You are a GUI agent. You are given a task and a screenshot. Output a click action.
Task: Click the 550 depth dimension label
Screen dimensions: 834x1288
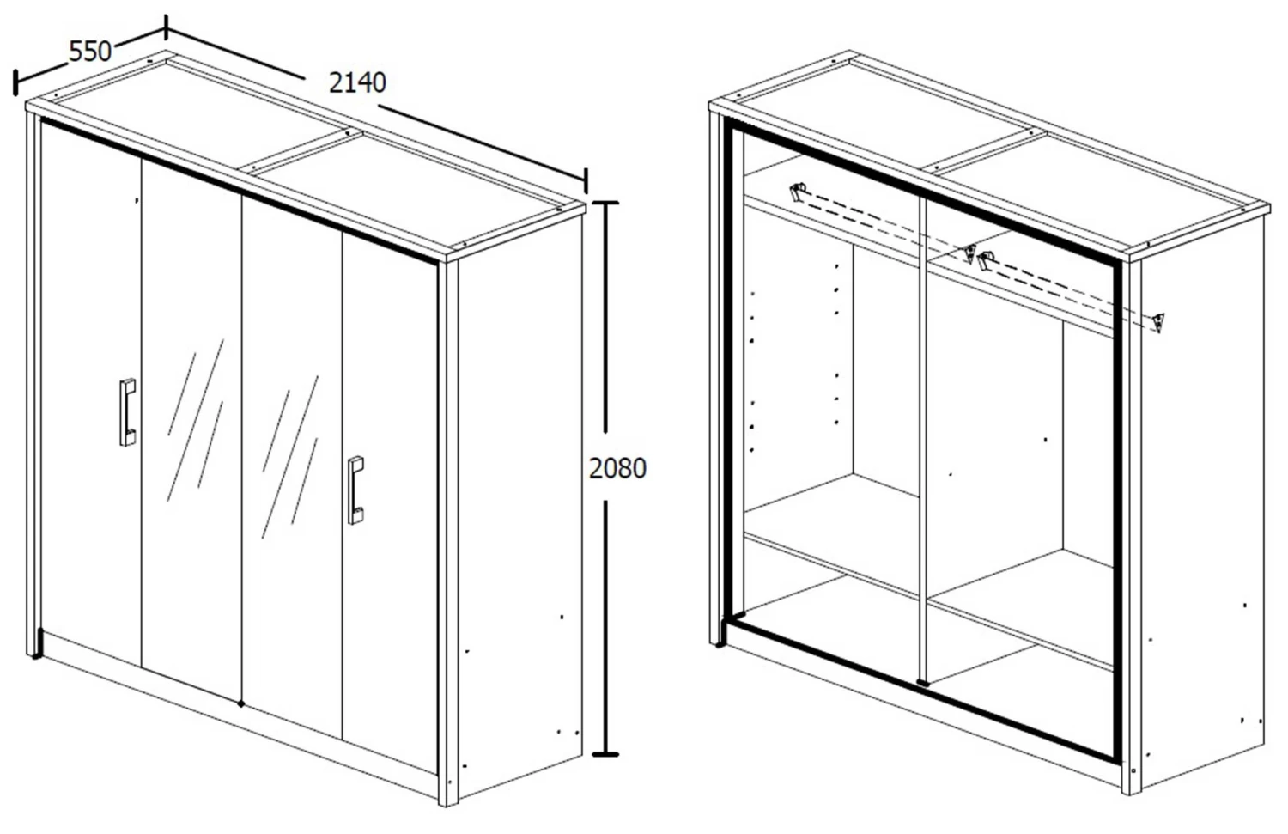pyautogui.click(x=90, y=52)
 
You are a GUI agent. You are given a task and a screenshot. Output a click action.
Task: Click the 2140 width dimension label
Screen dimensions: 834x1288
pyautogui.click(x=357, y=82)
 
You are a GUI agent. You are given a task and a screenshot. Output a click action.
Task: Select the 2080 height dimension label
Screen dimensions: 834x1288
pyautogui.click(x=617, y=468)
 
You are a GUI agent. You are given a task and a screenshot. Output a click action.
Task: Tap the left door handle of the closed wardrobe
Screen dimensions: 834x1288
pyautogui.click(x=127, y=411)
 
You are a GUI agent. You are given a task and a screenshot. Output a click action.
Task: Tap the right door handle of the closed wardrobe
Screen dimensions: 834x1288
pyautogui.click(x=355, y=490)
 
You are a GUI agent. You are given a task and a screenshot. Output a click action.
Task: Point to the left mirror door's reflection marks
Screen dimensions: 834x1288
pyautogui.click(x=196, y=420)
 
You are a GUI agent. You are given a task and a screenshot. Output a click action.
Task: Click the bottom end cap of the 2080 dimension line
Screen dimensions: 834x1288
pyautogui.click(x=605, y=754)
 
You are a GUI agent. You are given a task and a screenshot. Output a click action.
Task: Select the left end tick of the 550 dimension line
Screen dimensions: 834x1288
pyautogui.click(x=15, y=82)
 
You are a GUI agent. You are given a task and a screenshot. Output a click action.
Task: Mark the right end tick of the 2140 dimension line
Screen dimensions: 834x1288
pyautogui.click(x=586, y=181)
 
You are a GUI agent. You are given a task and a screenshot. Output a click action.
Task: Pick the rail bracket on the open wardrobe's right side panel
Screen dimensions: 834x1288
pyautogui.click(x=1160, y=323)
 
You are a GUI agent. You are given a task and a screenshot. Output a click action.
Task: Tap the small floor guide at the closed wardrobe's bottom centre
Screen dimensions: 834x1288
pyautogui.click(x=241, y=703)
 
